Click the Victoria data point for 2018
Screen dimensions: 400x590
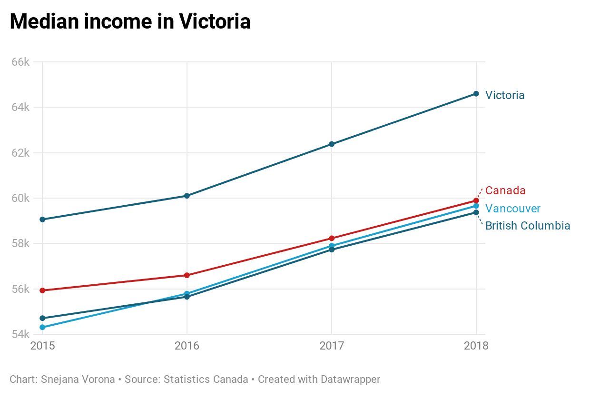coord(476,94)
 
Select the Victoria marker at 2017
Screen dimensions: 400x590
coord(332,144)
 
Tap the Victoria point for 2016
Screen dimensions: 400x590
coord(187,196)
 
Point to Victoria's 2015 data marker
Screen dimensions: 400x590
coord(42,220)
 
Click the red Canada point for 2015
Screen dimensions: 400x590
coord(42,290)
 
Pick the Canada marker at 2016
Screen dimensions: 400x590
coord(187,275)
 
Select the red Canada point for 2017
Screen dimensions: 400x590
coord(332,238)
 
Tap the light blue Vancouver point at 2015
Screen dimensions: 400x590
coord(42,327)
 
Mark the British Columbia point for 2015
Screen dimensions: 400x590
coord(42,318)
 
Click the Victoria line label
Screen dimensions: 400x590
coord(505,95)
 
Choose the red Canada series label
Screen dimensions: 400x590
coord(505,190)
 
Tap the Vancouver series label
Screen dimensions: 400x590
coord(513,209)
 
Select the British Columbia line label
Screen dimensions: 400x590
coord(528,226)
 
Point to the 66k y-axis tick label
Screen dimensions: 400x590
coord(20,62)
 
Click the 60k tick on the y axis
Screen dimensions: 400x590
coord(20,198)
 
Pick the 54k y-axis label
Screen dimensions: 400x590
coord(20,334)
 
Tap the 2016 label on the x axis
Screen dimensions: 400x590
coord(187,346)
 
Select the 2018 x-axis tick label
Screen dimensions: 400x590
coord(476,346)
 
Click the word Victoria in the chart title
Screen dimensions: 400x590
coord(215,22)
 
